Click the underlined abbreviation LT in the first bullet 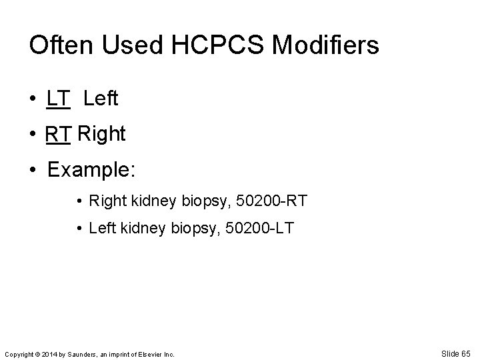coord(58,99)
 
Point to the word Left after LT coord(101,99)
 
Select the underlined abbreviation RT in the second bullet coord(59,134)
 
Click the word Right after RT coord(101,134)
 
